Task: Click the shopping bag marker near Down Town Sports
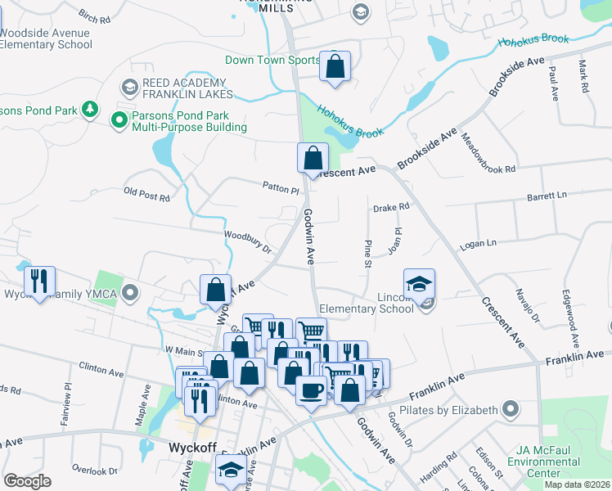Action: coord(335,67)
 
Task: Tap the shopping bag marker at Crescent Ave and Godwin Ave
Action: coord(313,159)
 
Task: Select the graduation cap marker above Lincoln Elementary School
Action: coord(419,284)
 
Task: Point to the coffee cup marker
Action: coord(311,390)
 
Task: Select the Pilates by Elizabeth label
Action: coord(448,409)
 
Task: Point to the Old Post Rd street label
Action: coord(146,196)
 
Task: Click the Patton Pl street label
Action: coord(281,188)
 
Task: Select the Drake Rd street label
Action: coord(390,208)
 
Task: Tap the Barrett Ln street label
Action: coord(547,196)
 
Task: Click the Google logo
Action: coord(27,481)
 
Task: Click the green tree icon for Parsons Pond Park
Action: coord(89,110)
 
